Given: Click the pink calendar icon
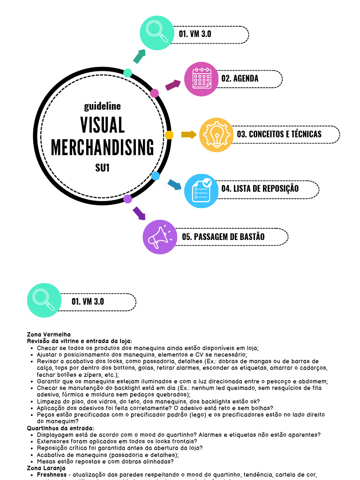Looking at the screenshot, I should point(202,79).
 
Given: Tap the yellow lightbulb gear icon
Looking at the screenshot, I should point(217,135).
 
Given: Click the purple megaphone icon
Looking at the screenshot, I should point(160,237).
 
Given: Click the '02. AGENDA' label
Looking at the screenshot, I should point(240,78).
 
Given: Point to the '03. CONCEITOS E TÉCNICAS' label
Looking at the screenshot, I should point(279,134).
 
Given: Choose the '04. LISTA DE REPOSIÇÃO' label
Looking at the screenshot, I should point(260,189).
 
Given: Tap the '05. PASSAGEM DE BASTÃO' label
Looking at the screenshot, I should point(223,237).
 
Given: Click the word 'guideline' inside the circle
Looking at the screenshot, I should point(102,106).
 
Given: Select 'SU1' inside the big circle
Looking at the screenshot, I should point(102,167).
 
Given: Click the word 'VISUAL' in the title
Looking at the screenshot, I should point(102,126).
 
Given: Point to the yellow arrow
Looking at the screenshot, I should point(188,135).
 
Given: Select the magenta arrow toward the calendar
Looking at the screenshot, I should point(172,85).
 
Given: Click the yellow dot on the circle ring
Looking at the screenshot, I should point(169,135).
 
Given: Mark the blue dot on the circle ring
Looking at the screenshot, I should point(156,176).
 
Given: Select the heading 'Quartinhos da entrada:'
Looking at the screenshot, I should point(60,428).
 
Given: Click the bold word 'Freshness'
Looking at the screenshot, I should point(51,474).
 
